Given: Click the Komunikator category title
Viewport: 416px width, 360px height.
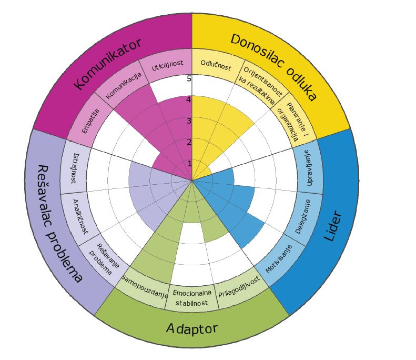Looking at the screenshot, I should click(107, 63).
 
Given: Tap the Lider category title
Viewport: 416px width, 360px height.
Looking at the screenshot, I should click(334, 226).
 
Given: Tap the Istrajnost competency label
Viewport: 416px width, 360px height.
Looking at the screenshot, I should click(74, 167).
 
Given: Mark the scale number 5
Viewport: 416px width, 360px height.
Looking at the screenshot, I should click(189, 79).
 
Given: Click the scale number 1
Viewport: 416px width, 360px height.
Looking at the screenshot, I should click(190, 164).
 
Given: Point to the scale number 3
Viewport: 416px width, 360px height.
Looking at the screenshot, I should click(189, 121).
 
